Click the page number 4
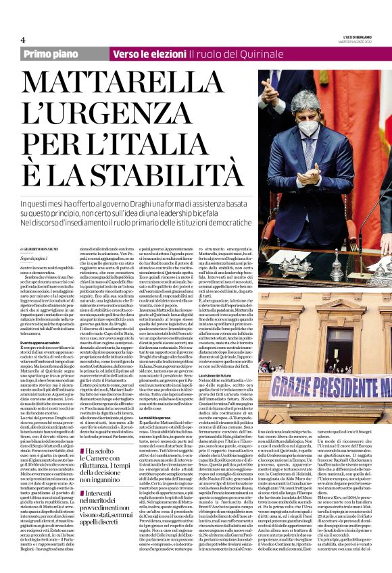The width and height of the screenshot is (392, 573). pyautogui.click(x=23, y=40)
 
